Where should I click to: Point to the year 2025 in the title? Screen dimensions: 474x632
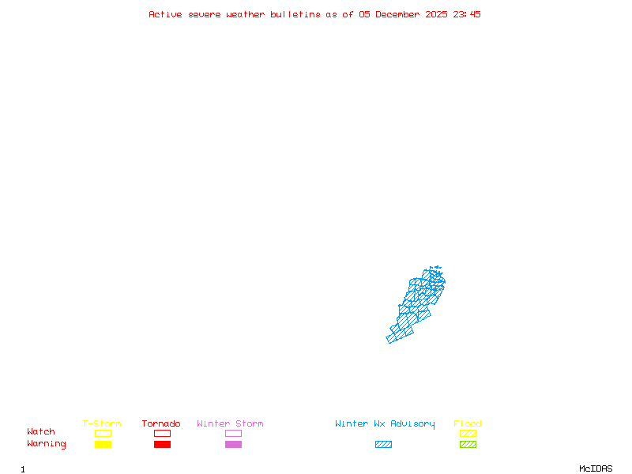(x=437, y=14)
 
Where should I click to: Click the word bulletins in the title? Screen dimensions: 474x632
(x=295, y=14)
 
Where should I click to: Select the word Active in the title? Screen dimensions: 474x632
(x=166, y=14)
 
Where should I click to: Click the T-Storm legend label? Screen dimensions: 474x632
(x=102, y=424)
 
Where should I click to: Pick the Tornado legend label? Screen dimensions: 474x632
(x=161, y=424)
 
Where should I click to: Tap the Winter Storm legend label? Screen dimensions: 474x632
(x=230, y=424)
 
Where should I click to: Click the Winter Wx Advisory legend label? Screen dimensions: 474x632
(x=385, y=424)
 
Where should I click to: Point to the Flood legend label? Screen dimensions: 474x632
(x=468, y=424)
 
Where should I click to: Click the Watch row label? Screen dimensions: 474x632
(x=41, y=432)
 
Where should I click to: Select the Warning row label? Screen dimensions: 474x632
(x=47, y=444)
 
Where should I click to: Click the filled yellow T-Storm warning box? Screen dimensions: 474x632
(x=103, y=444)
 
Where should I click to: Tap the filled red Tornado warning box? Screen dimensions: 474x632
(x=162, y=444)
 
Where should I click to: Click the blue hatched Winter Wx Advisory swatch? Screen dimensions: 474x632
(x=383, y=444)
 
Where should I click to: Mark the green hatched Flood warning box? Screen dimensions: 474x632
(x=468, y=444)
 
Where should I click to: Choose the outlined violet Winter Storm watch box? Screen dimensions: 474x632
(x=233, y=433)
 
